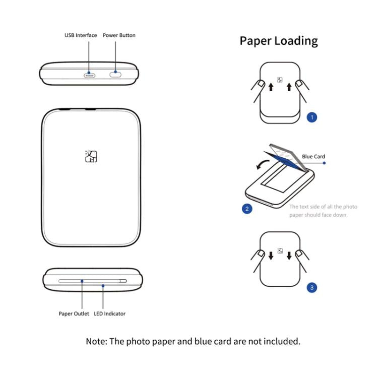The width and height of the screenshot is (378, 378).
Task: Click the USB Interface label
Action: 81,35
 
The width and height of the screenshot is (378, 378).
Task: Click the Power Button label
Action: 119,35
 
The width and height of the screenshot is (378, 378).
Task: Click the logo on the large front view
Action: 91,156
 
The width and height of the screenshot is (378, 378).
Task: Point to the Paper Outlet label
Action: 74,313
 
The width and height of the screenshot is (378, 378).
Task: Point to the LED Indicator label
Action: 109,313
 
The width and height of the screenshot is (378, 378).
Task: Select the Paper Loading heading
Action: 279,41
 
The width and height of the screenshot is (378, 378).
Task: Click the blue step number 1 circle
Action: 312,117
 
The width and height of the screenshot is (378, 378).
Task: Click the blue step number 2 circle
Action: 247,208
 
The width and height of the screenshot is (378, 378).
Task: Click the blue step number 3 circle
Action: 312,288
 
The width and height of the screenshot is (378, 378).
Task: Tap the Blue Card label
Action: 313,156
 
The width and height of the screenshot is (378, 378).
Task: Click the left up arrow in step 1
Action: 271,87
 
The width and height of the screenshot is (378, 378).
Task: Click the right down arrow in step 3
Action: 289,255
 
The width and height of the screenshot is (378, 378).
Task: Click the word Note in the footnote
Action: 96,341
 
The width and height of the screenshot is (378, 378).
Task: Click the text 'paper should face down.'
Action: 318,215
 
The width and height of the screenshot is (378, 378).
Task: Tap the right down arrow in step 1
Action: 289,87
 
